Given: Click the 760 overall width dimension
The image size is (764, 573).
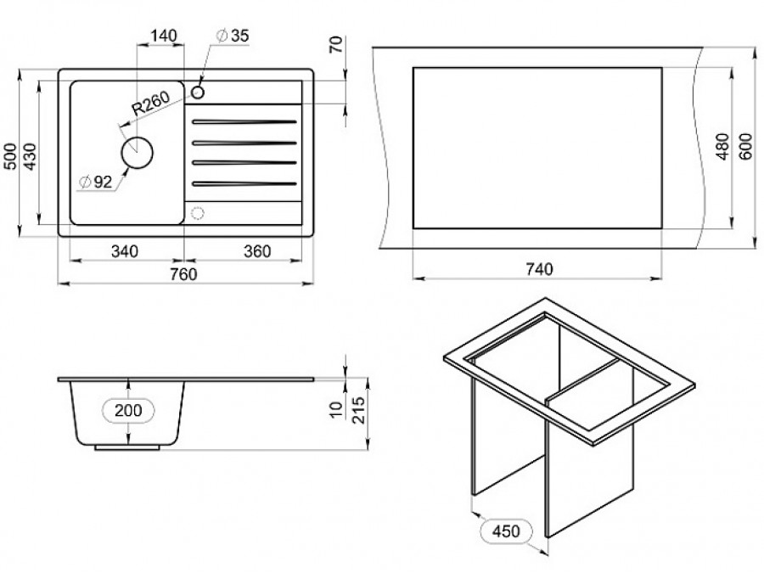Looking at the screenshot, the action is (x=183, y=274).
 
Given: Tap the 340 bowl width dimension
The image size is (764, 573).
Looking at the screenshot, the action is (x=125, y=251).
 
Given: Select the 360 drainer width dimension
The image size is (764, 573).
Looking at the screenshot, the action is (x=256, y=251).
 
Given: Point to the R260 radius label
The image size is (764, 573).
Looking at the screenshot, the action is (x=151, y=104).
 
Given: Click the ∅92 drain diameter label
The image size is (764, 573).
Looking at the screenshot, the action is (x=95, y=183).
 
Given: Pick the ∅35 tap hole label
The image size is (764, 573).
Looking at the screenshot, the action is (x=232, y=36).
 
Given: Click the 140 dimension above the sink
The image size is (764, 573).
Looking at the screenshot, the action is (x=163, y=36).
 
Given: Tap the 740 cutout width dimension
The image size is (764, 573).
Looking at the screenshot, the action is (x=539, y=269).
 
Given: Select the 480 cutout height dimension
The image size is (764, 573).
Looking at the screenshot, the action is (x=722, y=146).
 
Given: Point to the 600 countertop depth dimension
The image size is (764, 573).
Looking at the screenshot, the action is (x=745, y=146).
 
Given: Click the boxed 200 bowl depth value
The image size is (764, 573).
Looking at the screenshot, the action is (x=128, y=410).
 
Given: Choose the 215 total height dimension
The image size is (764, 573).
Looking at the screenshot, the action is (x=358, y=410).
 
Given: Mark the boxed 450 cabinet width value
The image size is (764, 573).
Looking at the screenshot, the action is (x=506, y=531).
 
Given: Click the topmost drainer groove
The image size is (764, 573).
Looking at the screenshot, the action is (x=244, y=121).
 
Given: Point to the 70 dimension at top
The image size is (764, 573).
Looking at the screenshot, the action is (x=337, y=44).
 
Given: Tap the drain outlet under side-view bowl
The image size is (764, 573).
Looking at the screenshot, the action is (x=126, y=447).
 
